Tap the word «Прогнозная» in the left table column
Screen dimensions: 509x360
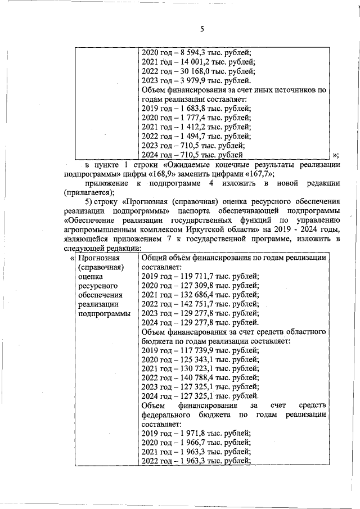99,258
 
